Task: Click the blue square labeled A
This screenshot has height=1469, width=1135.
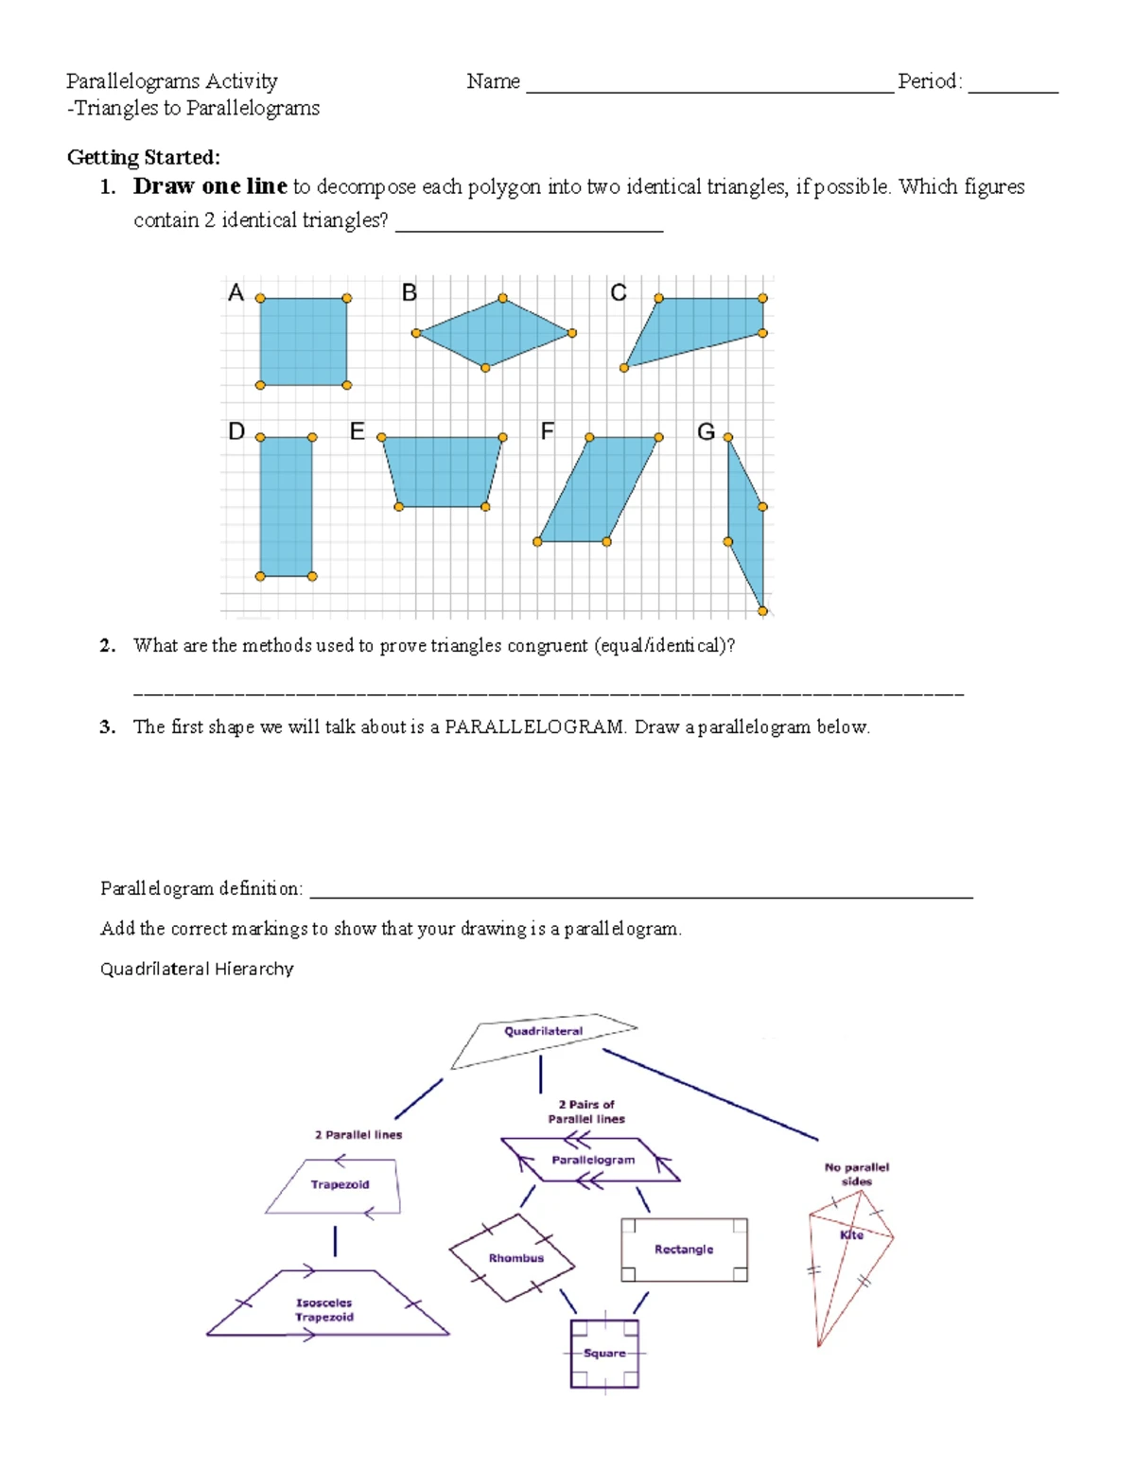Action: (303, 341)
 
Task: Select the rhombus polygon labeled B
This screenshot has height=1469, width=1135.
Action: (495, 334)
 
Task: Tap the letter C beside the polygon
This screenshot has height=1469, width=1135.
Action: (619, 293)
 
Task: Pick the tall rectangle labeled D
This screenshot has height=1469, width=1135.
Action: (286, 506)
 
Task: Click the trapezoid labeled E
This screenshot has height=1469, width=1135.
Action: (442, 471)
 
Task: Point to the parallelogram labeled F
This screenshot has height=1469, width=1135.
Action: (598, 489)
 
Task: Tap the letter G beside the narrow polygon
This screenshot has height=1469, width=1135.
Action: (706, 432)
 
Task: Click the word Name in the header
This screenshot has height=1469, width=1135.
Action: (493, 81)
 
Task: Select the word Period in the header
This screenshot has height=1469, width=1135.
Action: (929, 81)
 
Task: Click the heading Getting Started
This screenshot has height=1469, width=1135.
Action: (143, 157)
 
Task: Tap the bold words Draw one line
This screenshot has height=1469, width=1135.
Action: (210, 186)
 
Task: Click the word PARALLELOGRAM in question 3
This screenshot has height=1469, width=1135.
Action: (534, 727)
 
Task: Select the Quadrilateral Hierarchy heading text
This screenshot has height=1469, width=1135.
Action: (197, 969)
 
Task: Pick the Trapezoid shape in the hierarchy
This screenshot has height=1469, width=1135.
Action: (339, 1185)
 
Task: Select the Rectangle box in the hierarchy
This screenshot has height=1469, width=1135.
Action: (684, 1250)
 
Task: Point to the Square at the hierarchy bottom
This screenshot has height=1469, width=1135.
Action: (604, 1354)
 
